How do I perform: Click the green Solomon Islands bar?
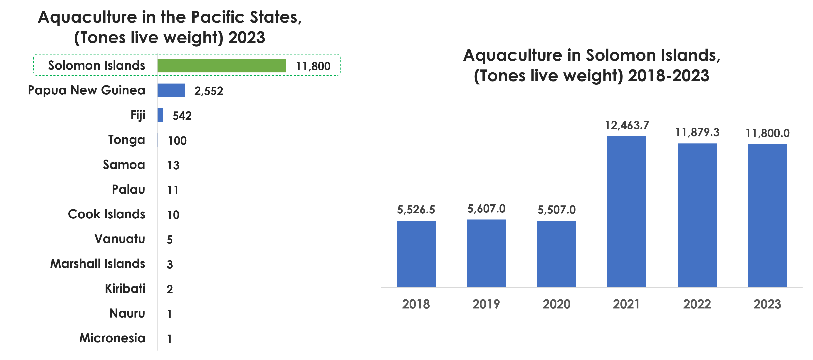(222, 66)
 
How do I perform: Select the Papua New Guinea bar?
(171, 91)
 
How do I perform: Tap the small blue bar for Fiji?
(160, 115)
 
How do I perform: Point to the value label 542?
(182, 116)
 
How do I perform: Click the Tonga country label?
(126, 140)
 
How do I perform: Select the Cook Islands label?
(107, 214)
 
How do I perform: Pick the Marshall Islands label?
(98, 264)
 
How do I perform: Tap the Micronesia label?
(112, 338)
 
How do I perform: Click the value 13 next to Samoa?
(173, 165)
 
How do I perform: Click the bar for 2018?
(416, 254)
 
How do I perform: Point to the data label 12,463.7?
(627, 126)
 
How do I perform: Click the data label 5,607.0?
(486, 209)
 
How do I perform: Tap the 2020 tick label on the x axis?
(556, 304)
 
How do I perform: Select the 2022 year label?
(697, 304)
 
